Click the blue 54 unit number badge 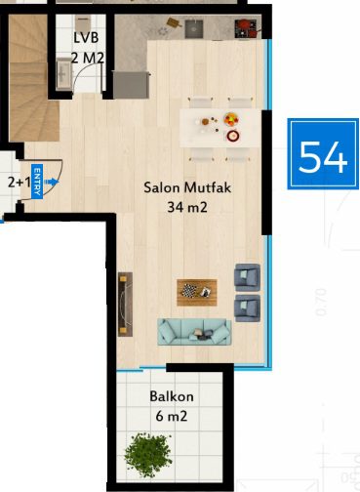323,153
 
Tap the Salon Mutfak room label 187,187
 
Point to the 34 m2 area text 187,207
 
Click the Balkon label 172,396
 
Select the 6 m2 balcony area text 172,416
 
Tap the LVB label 86,38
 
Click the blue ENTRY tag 37,181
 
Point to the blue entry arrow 52,182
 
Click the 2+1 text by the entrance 19,183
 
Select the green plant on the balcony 148,454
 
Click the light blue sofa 194,332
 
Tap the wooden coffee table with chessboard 197,292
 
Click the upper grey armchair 247,277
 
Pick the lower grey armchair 247,308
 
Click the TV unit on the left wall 125,305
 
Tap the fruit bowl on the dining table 231,119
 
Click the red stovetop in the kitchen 246,28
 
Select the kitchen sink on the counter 194,29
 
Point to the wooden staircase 31,78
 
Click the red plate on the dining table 233,136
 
